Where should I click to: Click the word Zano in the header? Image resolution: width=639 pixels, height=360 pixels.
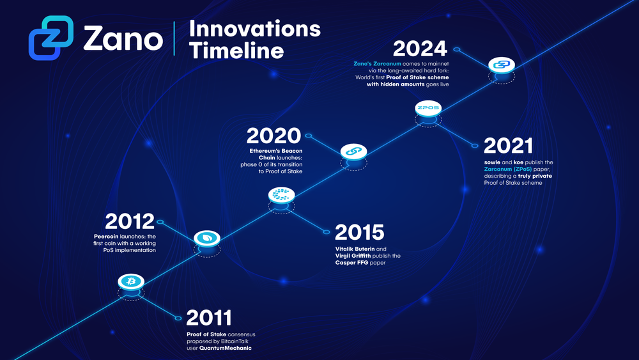point(123,38)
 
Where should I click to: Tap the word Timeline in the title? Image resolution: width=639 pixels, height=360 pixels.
point(236,50)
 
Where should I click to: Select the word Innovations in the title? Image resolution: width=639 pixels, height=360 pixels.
point(255,28)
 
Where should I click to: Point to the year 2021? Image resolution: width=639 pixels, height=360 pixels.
point(509,146)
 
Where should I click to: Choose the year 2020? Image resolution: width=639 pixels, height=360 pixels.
point(273,136)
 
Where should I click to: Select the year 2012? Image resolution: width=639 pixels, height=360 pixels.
point(130,222)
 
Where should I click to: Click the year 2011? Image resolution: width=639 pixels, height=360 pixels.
point(208,318)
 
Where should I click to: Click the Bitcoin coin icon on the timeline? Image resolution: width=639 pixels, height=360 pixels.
point(132,281)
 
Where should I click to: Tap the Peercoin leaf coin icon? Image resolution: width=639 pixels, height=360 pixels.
point(207,238)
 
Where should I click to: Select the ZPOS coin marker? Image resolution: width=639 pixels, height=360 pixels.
point(427,108)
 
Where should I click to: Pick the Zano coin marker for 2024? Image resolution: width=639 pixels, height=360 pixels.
point(502,65)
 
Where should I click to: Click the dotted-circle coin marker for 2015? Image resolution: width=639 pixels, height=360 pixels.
point(281,194)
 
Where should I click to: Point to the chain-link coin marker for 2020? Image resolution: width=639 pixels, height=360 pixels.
point(353,151)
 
